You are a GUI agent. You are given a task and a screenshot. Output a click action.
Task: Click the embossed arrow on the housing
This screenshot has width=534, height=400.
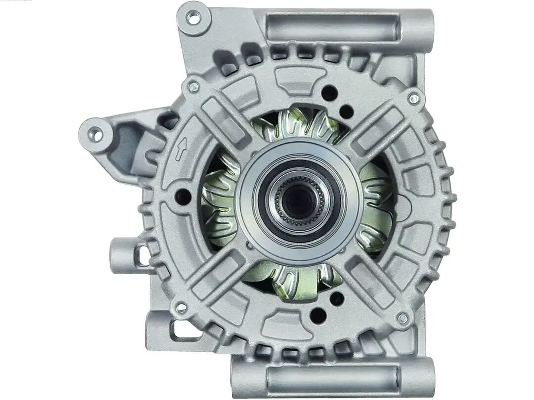click(181, 149)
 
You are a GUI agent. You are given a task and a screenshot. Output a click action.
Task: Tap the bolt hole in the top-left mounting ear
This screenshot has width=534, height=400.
click(193, 18)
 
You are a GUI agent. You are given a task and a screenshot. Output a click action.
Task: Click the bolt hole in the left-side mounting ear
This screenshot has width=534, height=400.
click(95, 134)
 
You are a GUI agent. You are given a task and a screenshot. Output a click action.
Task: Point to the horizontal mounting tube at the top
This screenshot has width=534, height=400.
click(332, 27)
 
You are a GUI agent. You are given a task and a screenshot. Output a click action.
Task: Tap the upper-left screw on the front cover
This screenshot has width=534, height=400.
click(193, 87)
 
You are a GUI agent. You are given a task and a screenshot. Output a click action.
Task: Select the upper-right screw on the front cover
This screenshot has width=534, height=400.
click(413, 98)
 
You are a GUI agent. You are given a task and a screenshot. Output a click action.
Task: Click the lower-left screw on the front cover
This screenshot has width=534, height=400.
click(181, 308)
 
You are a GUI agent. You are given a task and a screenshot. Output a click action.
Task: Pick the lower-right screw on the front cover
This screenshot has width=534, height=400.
click(402, 319)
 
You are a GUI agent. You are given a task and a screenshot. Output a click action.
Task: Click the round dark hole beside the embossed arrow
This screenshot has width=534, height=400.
click(183, 197)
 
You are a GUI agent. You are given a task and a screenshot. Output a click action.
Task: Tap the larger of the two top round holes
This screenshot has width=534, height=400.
click(329, 93)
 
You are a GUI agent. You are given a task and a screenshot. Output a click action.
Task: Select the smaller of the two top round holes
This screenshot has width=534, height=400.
click(346, 112)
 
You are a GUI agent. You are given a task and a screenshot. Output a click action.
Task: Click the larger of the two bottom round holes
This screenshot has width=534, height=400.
click(318, 316)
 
